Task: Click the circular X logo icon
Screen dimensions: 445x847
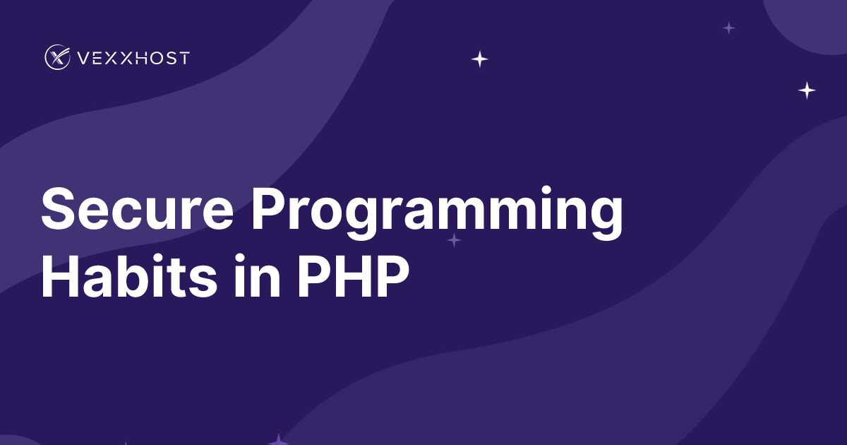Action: tap(57, 57)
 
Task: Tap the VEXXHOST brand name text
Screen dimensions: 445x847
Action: tap(133, 58)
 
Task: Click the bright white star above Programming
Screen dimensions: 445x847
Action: tap(480, 59)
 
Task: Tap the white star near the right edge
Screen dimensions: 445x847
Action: tap(807, 90)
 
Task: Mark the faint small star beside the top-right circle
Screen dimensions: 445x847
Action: tap(729, 28)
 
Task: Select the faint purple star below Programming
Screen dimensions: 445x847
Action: tap(455, 241)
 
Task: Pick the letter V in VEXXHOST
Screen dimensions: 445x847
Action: tap(83, 58)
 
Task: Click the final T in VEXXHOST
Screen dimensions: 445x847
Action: tap(184, 58)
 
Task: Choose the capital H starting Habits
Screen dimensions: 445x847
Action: tap(60, 276)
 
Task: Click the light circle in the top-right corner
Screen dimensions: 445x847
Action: tap(812, 18)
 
